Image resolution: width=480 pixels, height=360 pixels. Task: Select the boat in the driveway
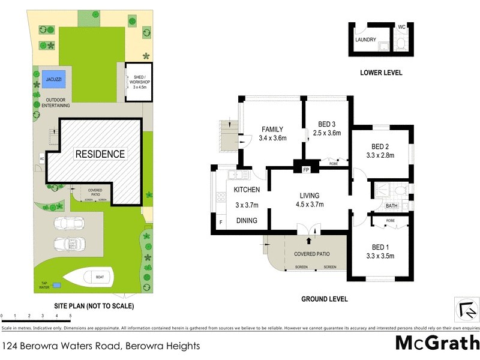pos(91,277)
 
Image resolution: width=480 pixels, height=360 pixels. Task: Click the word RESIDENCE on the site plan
pos(100,154)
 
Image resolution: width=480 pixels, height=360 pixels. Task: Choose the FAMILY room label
pos(272,129)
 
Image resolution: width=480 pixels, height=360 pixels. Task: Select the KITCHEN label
pos(247,190)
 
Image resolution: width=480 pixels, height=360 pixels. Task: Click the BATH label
pos(391,206)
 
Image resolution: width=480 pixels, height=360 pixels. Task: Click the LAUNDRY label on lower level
pos(365,40)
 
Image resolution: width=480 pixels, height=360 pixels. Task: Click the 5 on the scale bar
pos(70,315)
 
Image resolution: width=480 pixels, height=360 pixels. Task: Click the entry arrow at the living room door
pos(310,240)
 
